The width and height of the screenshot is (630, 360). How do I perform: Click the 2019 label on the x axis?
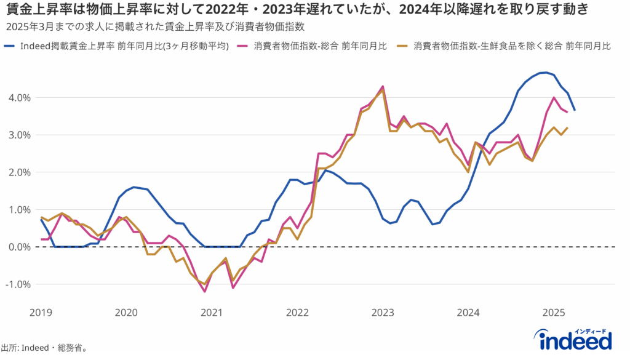point(41,313)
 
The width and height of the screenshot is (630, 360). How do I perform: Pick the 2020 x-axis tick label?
point(126,313)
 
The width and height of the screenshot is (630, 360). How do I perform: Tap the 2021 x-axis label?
point(212,313)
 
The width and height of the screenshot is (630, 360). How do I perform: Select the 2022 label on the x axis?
point(297,313)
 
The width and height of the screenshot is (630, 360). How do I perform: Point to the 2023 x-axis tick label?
point(383,313)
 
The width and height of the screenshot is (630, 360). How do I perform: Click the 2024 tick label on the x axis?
point(468,313)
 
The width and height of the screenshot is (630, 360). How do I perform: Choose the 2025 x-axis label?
point(554,313)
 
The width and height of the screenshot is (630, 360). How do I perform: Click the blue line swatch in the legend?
point(10,46)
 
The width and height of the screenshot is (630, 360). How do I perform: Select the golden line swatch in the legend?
point(404,46)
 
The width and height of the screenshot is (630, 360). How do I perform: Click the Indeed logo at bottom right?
point(575,338)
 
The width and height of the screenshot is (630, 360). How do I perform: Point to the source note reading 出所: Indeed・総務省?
point(44,348)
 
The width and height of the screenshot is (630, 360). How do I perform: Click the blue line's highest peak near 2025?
point(544,73)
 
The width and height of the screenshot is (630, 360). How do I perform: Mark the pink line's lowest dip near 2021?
point(204,291)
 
